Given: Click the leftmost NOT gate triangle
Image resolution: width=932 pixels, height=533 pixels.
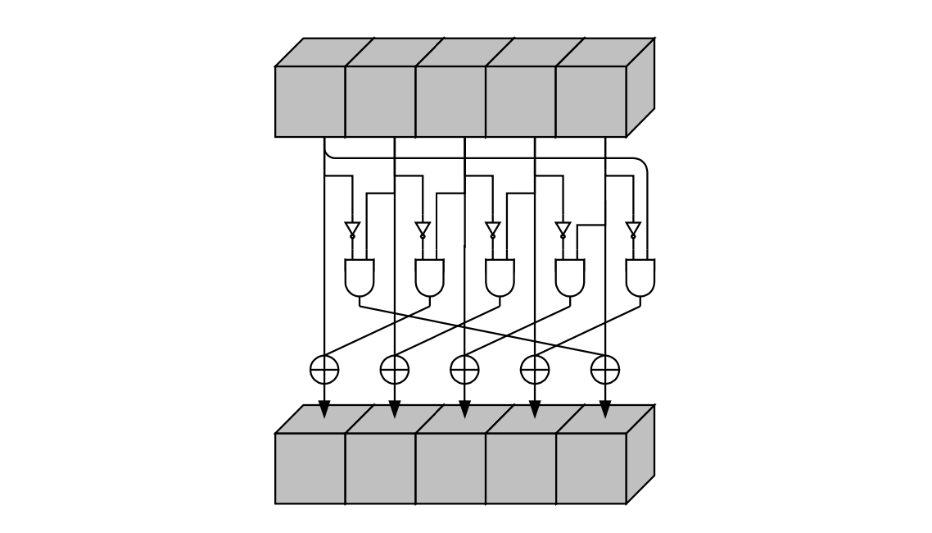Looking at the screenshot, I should (352, 229).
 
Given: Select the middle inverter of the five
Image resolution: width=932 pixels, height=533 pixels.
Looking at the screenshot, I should (493, 229).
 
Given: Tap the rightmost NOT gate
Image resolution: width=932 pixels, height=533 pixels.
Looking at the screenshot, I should (633, 229).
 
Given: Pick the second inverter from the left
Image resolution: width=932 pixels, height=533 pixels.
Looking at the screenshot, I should (423, 229).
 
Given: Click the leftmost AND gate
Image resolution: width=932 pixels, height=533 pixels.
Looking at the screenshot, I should (360, 278).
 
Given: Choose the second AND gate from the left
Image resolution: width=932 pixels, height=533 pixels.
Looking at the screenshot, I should (430, 278).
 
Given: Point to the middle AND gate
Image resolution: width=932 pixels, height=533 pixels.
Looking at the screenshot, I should (500, 278).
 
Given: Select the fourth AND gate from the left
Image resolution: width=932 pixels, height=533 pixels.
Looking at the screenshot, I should (570, 278).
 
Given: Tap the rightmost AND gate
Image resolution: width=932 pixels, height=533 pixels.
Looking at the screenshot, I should (640, 278).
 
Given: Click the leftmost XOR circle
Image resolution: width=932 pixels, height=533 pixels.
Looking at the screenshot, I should (324, 370).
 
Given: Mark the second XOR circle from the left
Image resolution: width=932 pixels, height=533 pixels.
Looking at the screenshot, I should (395, 370).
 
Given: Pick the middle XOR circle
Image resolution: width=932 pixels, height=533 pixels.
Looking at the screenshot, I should (464, 370).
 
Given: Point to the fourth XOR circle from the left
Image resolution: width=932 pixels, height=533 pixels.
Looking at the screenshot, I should (535, 370).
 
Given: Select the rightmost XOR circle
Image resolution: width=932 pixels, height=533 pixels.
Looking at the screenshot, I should (605, 370).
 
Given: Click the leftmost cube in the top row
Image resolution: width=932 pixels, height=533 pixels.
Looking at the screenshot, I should (310, 101).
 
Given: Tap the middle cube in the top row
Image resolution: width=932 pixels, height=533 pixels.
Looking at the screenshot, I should (450, 101).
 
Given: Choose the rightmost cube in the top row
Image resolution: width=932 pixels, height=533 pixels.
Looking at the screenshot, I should (591, 101).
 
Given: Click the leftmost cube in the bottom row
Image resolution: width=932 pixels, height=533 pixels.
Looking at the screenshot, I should (310, 468).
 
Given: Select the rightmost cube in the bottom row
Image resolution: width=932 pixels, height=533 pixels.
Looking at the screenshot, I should (591, 468).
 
